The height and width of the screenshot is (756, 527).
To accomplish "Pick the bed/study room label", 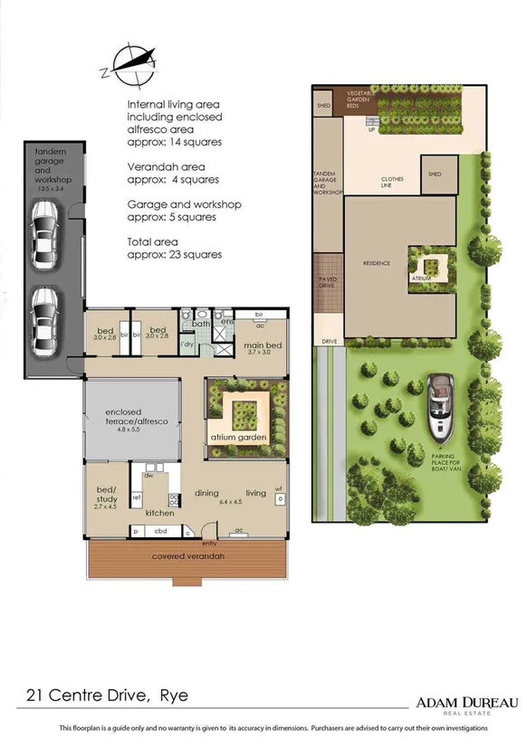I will (107, 494).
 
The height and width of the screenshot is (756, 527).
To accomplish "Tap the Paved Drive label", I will (328, 282).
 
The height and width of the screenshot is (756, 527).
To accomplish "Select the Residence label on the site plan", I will (376, 263).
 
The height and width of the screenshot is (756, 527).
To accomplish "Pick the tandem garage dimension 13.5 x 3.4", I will (52, 188).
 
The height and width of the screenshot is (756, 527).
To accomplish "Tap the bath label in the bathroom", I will (202, 323).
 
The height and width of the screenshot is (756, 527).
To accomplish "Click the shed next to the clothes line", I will (435, 175).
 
